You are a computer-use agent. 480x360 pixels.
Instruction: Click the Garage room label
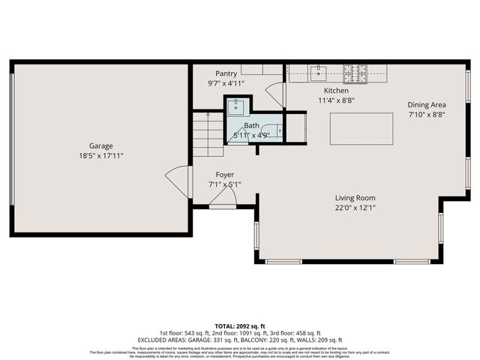(x=101, y=146)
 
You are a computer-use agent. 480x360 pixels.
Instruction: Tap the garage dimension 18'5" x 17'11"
(x=101, y=156)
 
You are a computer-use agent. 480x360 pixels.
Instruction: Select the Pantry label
(x=226, y=73)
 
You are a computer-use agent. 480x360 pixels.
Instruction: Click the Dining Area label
(x=427, y=105)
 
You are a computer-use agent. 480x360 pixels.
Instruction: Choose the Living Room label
(x=355, y=197)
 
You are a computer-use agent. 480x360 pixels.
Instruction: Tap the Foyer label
(x=225, y=174)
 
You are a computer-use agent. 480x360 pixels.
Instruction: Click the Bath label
(x=250, y=126)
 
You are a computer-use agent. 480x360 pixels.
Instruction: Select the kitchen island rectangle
(x=361, y=128)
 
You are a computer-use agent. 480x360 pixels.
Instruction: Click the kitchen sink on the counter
(x=319, y=73)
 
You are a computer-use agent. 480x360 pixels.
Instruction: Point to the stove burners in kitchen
(x=354, y=73)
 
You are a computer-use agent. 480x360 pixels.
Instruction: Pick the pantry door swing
(x=275, y=95)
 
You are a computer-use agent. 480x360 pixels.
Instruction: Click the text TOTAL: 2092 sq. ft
(x=239, y=326)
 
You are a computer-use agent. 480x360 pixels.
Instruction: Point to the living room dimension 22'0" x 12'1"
(x=355, y=207)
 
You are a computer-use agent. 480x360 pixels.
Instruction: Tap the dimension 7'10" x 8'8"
(x=427, y=115)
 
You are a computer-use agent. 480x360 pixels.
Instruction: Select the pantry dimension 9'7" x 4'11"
(x=226, y=83)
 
